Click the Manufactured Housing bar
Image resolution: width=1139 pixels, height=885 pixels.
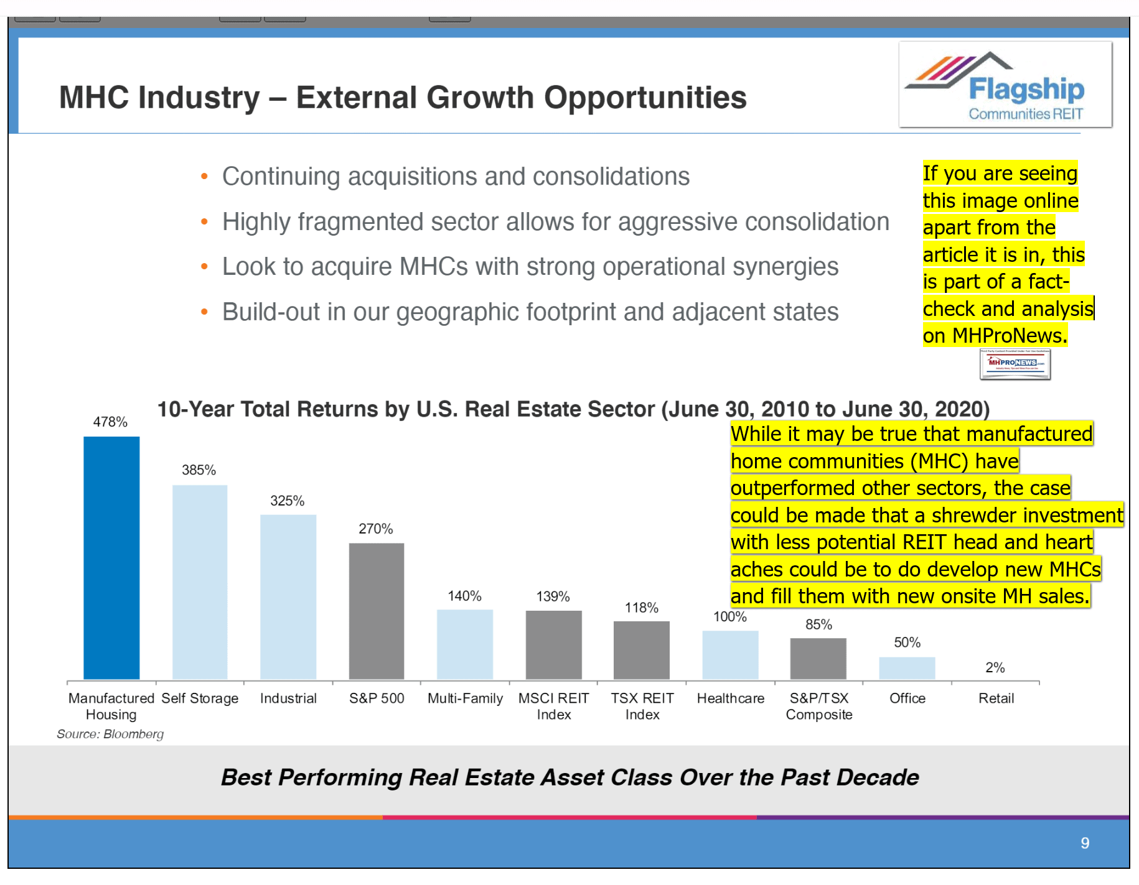point(111,558)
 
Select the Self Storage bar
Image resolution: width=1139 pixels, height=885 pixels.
point(200,582)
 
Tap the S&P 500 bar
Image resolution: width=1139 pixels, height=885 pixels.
point(377,611)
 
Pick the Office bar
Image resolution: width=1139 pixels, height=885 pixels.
point(907,668)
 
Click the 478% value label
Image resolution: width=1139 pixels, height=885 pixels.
point(110,422)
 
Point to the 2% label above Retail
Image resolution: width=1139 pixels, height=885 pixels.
point(995,667)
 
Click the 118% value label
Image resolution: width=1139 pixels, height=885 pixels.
point(641,608)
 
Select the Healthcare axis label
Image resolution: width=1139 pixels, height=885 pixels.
point(730,698)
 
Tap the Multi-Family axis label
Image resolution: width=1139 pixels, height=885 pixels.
point(465,698)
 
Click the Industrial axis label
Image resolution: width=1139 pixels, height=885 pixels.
point(288,698)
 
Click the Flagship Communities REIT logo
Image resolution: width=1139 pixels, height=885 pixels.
point(1005,85)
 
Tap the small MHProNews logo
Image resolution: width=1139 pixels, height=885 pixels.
point(1015,364)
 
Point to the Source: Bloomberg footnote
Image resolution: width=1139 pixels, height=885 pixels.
point(110,734)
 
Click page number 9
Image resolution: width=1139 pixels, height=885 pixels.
point(1085,843)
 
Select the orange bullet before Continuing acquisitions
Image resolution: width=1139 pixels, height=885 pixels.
point(204,177)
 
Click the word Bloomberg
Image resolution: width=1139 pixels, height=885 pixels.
point(133,734)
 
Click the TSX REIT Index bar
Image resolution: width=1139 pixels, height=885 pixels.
point(641,650)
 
